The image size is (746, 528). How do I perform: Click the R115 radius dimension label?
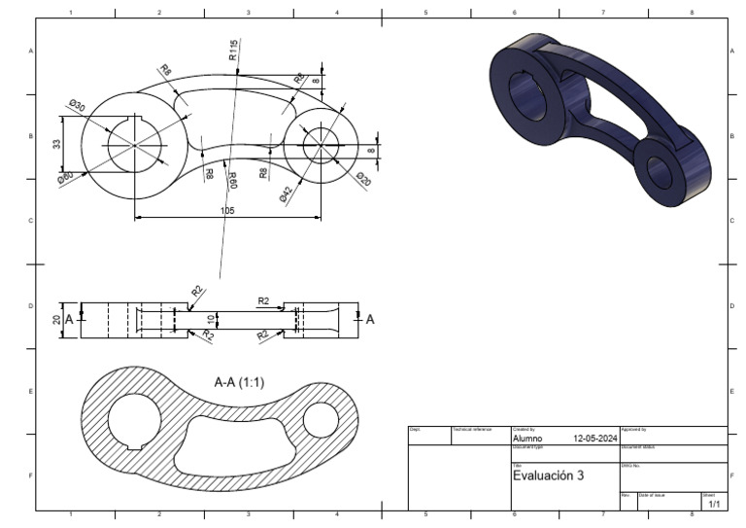point(233,51)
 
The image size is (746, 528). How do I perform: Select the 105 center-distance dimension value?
point(228,210)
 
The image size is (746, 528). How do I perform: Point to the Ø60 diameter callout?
point(65,177)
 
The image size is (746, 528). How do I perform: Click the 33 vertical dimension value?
point(56,144)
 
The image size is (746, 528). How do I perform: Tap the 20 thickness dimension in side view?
point(56,319)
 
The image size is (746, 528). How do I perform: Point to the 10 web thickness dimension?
point(211,319)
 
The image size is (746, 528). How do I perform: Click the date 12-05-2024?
point(594,439)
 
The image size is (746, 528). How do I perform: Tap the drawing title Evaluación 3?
point(548,475)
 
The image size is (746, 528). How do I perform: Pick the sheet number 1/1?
point(714,504)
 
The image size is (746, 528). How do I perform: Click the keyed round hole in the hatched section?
point(135,421)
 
